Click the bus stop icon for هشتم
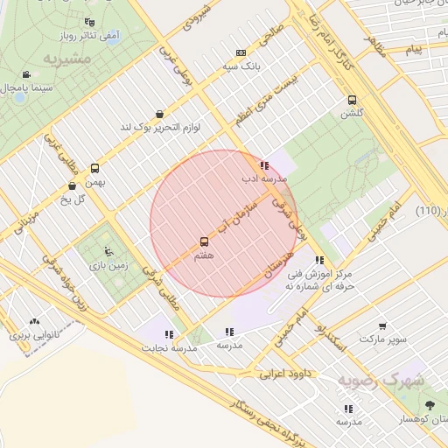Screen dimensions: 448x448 (x=204, y=241)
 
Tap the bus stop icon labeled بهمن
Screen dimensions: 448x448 (x=94, y=168)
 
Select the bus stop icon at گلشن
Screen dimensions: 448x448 (x=353, y=100)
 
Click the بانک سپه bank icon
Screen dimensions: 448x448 (x=241, y=52)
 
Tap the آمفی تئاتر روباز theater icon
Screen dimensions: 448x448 (x=88, y=22)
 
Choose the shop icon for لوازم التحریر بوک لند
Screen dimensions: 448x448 (x=159, y=114)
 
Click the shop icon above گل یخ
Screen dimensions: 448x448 (x=72, y=185)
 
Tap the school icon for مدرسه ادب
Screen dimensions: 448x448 (x=264, y=165)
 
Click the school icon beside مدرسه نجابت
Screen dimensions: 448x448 (x=169, y=333)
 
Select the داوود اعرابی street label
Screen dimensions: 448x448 (x=285, y=374)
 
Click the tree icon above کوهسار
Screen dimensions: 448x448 (x=430, y=406)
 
